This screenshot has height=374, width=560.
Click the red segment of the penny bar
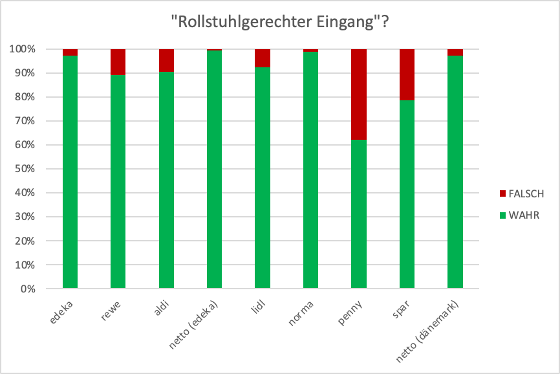[359, 94]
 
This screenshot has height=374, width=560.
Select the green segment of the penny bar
[359, 214]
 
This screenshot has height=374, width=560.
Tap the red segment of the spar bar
[407, 74]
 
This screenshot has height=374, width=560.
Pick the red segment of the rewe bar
[118, 61]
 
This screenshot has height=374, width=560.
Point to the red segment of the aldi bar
[166, 60]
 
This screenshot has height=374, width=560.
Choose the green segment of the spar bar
[407, 194]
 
